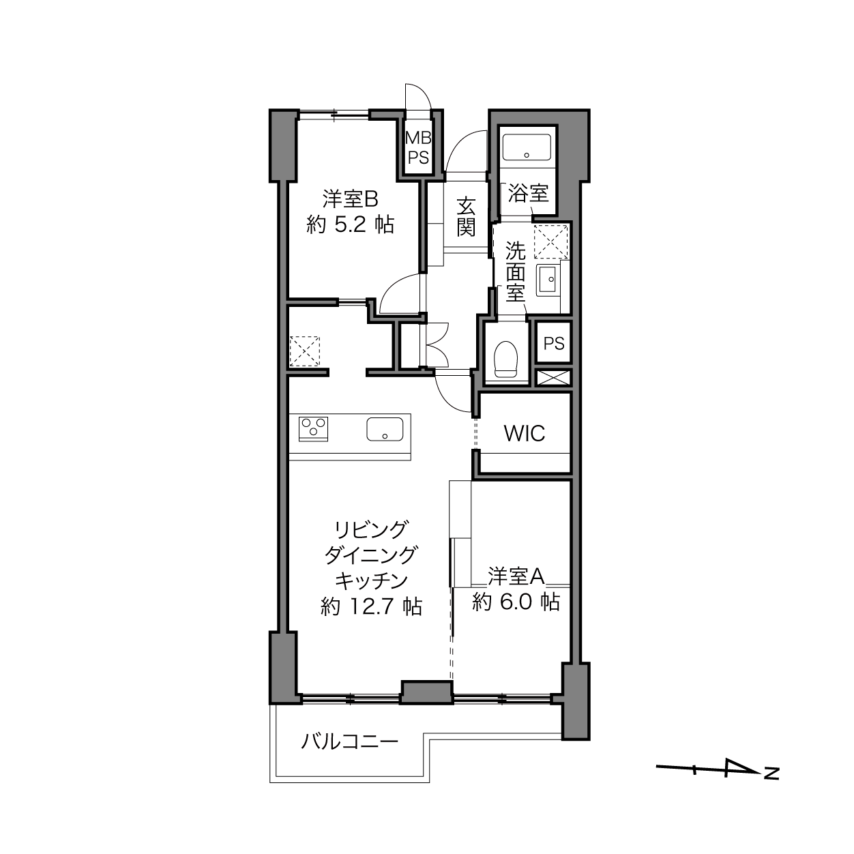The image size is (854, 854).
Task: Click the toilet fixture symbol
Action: [x=507, y=359]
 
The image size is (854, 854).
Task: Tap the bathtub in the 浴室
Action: [x=527, y=148]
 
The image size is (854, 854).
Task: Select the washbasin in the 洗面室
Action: [x=548, y=280]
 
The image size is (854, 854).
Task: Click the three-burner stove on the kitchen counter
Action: [x=313, y=428]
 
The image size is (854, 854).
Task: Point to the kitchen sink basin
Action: [x=385, y=429]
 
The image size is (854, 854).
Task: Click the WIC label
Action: [x=525, y=433]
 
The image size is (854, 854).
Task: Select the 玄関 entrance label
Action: [x=466, y=216]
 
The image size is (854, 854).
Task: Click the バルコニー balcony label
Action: [x=350, y=741]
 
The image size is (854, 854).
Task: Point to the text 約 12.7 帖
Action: [x=371, y=606]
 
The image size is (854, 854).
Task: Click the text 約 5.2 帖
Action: [x=350, y=225]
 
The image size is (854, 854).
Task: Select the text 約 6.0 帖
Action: [x=516, y=602]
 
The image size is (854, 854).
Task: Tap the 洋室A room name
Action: [x=516, y=576]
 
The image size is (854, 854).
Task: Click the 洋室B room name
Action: [x=350, y=199]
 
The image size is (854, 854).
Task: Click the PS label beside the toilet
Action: [x=554, y=343]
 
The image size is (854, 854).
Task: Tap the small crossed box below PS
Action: [x=553, y=378]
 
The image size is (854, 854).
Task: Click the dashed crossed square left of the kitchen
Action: [x=304, y=351]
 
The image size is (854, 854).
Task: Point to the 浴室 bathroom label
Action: [x=528, y=193]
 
